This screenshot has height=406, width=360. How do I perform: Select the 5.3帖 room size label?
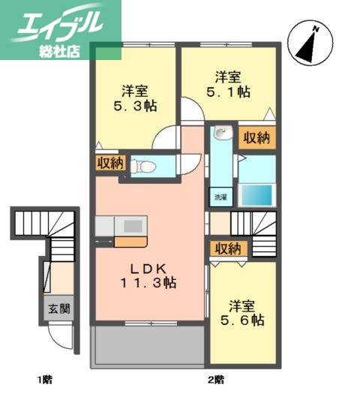coord(136,107)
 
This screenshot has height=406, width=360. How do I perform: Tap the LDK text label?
coord(149,268)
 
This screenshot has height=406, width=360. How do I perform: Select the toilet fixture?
coord(143,166)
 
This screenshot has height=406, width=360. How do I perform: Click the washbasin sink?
coord(220,135)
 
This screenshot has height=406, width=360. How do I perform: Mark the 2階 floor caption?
coord(217,378)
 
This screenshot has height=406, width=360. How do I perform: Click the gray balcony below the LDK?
coord(147,346)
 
